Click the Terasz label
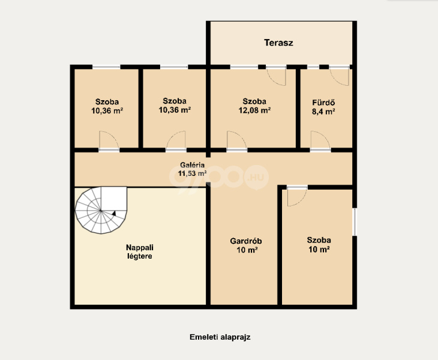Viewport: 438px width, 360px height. [278, 43]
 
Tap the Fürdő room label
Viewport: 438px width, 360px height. [323, 103]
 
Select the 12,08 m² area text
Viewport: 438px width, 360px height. [254, 110]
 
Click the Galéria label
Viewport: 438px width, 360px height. [192, 165]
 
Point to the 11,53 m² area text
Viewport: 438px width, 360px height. [193, 173]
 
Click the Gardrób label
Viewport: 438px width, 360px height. [246, 241]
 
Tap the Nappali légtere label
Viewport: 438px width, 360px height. [140, 251]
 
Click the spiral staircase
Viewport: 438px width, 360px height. [101, 210]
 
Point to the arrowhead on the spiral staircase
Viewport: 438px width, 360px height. [113, 213]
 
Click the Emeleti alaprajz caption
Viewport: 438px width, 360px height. [220, 337]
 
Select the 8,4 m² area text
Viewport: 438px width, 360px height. [323, 112]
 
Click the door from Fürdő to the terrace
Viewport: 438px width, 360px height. [339, 76]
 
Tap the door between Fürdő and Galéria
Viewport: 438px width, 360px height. [320, 141]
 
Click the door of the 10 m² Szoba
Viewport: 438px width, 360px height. [297, 196]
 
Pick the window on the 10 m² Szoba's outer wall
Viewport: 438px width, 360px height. [355, 222]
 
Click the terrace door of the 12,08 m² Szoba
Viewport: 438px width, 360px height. [276, 76]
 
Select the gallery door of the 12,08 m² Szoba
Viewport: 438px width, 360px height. [236, 141]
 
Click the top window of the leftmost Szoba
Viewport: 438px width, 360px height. [106, 67]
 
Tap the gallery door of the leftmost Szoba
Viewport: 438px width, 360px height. [109, 141]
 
